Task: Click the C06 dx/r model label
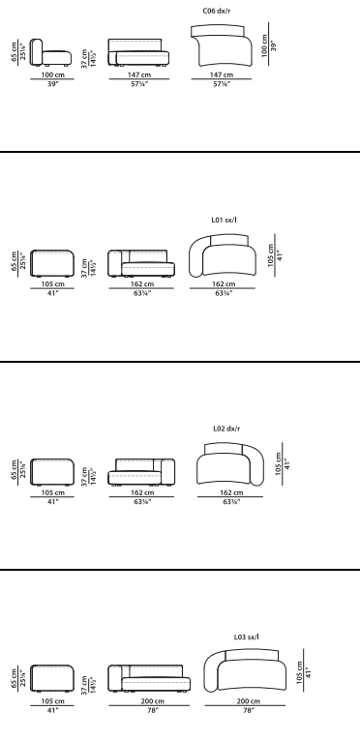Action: [x=217, y=11]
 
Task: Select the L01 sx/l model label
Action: [x=225, y=220]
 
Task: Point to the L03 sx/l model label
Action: [x=247, y=637]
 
